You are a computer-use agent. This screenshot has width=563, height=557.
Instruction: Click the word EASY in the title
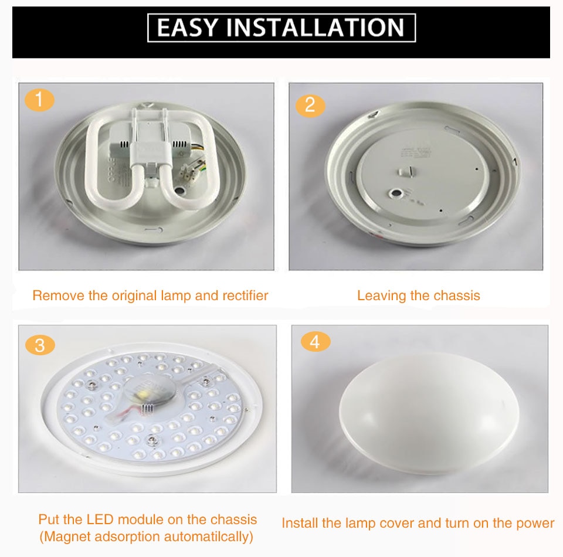(187, 28)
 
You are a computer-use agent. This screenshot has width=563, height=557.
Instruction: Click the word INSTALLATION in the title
(315, 28)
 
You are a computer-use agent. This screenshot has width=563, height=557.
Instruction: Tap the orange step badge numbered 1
(39, 100)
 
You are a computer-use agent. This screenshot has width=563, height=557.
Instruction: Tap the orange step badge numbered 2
(310, 105)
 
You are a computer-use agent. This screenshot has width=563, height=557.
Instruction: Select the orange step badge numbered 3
(40, 345)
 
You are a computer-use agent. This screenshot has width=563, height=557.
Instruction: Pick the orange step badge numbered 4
(316, 341)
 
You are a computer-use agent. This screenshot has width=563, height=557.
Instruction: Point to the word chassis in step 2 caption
(457, 296)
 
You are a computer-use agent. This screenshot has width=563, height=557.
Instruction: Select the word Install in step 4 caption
(301, 523)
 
